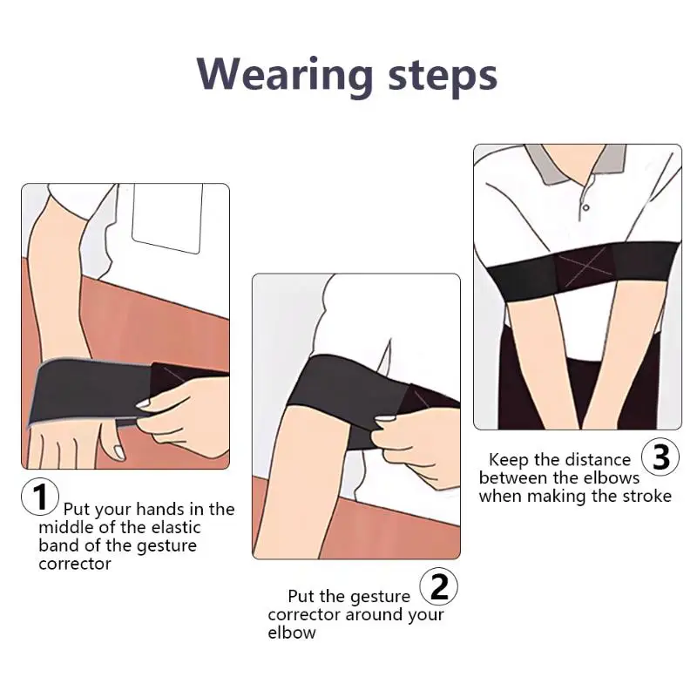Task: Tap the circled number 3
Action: (x=660, y=457)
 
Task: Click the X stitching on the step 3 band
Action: (x=574, y=262)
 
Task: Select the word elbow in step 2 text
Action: (x=291, y=633)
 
